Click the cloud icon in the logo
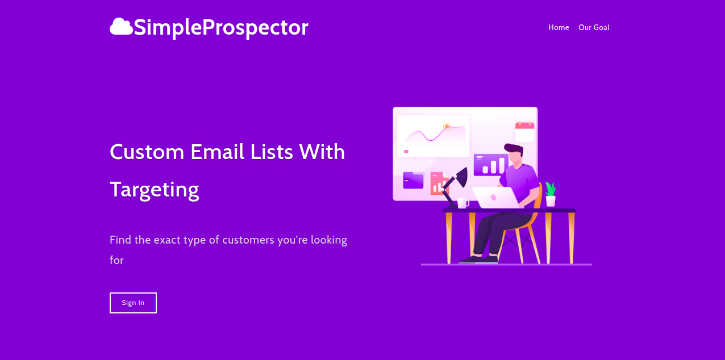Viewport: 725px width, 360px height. [x=121, y=27]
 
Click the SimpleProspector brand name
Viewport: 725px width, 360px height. [x=221, y=27]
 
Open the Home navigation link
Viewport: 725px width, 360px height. [x=559, y=27]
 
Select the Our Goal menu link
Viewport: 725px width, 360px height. [x=594, y=27]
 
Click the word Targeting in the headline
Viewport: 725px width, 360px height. [x=154, y=189]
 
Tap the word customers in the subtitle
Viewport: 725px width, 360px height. [x=248, y=240]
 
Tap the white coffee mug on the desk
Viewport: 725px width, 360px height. [x=463, y=203]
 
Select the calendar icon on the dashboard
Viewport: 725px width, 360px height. [x=524, y=132]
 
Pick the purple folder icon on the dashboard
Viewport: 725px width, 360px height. [x=413, y=180]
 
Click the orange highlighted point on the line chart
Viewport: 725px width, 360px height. [x=447, y=126]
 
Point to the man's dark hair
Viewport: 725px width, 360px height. [x=513, y=149]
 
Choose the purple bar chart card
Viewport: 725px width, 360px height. [x=490, y=164]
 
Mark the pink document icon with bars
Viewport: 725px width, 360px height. [x=436, y=183]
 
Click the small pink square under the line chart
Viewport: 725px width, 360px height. [x=406, y=152]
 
